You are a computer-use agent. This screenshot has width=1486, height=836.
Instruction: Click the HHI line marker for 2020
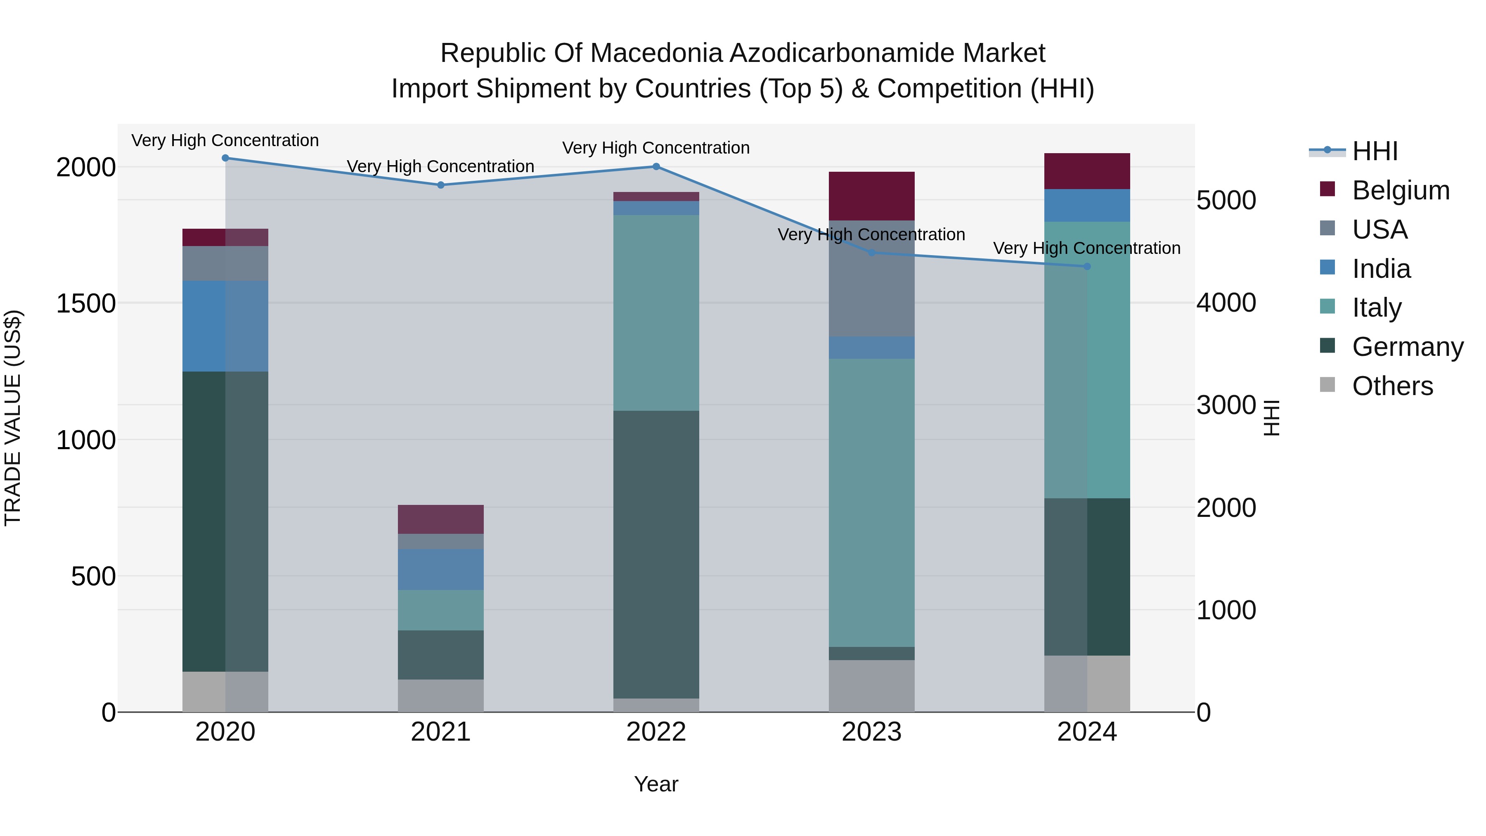225,158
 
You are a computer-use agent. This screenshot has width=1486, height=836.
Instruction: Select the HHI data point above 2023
872,253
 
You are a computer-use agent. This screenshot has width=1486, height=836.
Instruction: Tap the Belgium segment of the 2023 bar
872,196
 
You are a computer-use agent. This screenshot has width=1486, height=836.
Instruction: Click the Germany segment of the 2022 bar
656,554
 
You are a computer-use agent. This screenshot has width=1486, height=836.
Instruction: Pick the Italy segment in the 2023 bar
872,502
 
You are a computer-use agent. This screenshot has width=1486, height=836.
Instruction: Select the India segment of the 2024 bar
1087,206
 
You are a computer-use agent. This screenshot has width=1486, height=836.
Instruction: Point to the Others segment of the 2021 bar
441,695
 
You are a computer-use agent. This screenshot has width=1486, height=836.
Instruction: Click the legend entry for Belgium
1400,190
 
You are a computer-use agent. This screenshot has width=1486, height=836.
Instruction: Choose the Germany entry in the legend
1407,347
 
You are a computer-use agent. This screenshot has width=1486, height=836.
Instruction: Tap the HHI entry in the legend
1375,151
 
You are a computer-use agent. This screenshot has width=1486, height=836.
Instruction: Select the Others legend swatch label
1392,386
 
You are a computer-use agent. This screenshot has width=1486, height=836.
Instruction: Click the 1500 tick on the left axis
86,303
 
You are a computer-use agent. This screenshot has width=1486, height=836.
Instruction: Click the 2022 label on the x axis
656,732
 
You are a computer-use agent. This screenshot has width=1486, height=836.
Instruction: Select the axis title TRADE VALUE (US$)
13,418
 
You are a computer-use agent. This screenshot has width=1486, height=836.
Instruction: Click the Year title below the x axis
656,784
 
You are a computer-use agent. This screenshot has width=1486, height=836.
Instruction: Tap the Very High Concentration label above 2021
441,166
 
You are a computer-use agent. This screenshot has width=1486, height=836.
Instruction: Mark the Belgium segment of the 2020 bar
225,237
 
